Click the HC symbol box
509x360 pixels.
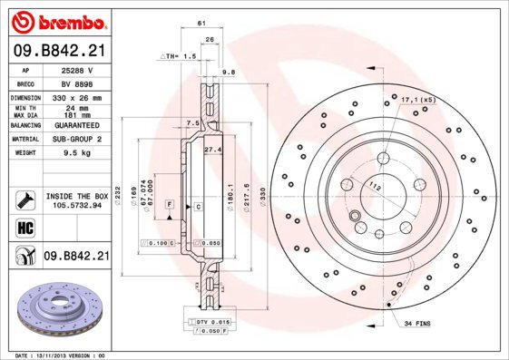[x=24, y=227]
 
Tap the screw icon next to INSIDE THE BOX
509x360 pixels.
[x=24, y=199]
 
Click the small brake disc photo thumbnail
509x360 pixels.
[x=56, y=308]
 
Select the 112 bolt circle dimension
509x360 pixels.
[x=375, y=186]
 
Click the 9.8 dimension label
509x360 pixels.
[x=229, y=71]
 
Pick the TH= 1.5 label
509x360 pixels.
[x=179, y=56]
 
